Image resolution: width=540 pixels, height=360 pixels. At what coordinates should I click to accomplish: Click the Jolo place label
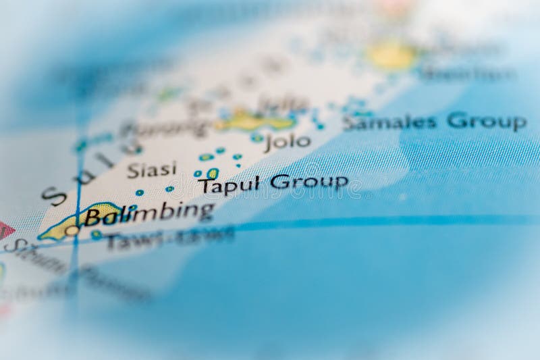pyautogui.click(x=288, y=142)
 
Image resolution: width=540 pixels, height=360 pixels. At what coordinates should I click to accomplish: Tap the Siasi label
pyautogui.click(x=152, y=170)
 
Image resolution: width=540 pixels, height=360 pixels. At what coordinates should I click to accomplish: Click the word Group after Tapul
pyautogui.click(x=309, y=181)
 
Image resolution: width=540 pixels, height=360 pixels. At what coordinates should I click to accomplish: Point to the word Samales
pyautogui.click(x=390, y=123)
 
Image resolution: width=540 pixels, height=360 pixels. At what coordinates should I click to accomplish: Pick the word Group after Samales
pyautogui.click(x=487, y=122)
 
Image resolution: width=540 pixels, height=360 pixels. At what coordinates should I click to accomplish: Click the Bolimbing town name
pyautogui.click(x=149, y=214)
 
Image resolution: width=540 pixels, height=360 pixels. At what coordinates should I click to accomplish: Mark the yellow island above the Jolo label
pyautogui.click(x=253, y=121)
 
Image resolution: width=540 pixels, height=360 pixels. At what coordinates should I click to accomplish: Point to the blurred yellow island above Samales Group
pyautogui.click(x=391, y=57)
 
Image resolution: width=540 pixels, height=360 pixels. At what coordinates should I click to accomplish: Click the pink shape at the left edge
pyautogui.click(x=5, y=230)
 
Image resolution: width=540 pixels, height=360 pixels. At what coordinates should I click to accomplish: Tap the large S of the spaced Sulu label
pyautogui.click(x=54, y=195)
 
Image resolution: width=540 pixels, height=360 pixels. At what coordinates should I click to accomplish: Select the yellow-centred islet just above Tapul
pyautogui.click(x=212, y=174)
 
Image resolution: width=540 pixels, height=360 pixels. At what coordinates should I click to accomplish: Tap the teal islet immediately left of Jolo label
pyautogui.click(x=257, y=138)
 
